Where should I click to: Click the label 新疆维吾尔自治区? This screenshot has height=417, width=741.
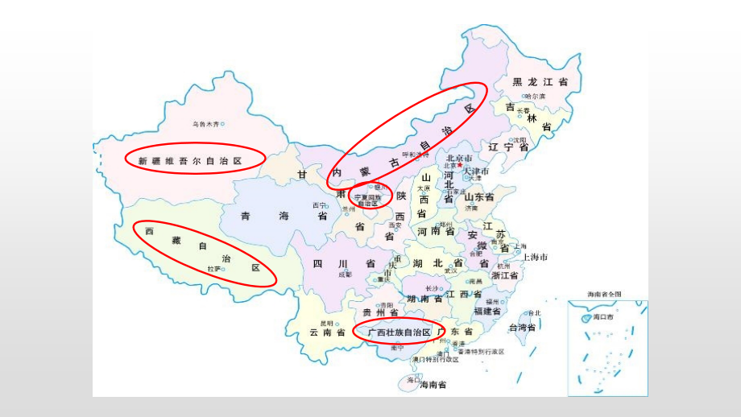pos(190,161)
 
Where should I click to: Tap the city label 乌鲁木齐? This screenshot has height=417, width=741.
pos(206,124)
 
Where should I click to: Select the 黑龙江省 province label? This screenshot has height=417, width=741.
pos(540,82)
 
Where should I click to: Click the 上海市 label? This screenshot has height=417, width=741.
pos(535,257)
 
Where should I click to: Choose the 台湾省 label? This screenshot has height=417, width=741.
pos(522,328)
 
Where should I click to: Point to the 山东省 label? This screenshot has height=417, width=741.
pos(478,196)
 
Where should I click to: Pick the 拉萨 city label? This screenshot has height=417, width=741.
pos(213,269)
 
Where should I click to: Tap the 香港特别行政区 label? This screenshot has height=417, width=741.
pos(481,351)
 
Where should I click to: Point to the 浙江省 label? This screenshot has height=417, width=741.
pos(506,275)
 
